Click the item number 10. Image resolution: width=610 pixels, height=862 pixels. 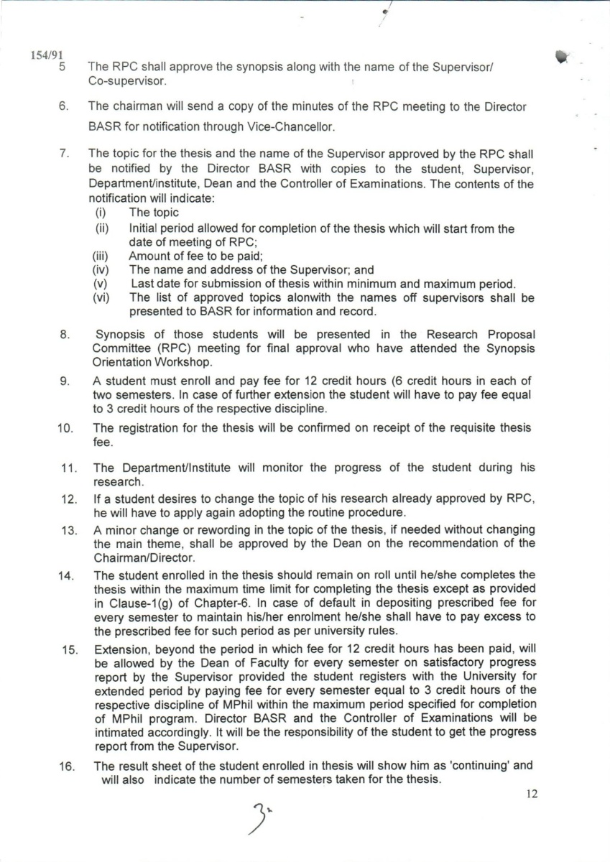[x=65, y=428]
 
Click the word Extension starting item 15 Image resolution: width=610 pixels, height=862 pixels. [x=119, y=650]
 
